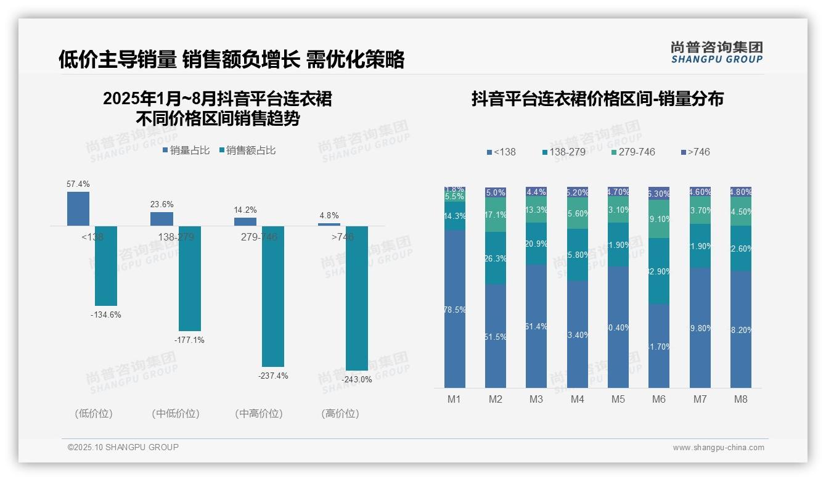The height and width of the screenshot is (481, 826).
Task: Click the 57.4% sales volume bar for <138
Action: pyautogui.click(x=78, y=208)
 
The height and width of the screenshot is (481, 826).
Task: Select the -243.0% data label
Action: pyautogui.click(x=357, y=380)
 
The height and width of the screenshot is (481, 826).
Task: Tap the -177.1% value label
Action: pyautogui.click(x=189, y=340)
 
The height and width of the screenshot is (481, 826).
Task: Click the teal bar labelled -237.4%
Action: pyautogui.click(x=273, y=296)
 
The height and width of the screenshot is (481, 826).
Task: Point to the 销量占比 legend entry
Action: pyautogui.click(x=186, y=150)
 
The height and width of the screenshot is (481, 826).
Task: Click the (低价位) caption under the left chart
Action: pyautogui.click(x=94, y=414)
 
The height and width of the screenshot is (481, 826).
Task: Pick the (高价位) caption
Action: pyautogui.click(x=340, y=414)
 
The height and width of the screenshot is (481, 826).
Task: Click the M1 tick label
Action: pyautogui.click(x=454, y=400)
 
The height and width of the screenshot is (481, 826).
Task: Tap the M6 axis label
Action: pyautogui.click(x=659, y=400)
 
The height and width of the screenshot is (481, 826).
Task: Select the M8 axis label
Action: pyautogui.click(x=741, y=400)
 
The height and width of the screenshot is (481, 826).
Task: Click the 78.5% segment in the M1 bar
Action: pyautogui.click(x=455, y=309)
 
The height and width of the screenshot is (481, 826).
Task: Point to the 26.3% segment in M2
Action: pyautogui.click(x=496, y=258)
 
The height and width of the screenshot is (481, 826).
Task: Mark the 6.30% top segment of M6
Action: pyautogui.click(x=659, y=193)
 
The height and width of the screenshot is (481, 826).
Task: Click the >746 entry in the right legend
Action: pyautogui.click(x=696, y=152)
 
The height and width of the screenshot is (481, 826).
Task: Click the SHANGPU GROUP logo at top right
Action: pyautogui.click(x=716, y=52)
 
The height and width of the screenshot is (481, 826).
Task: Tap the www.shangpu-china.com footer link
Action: pyautogui.click(x=718, y=448)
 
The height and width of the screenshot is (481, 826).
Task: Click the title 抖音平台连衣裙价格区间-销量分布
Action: pyautogui.click(x=597, y=99)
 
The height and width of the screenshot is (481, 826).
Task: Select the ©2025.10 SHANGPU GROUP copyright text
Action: pyautogui.click(x=123, y=448)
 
